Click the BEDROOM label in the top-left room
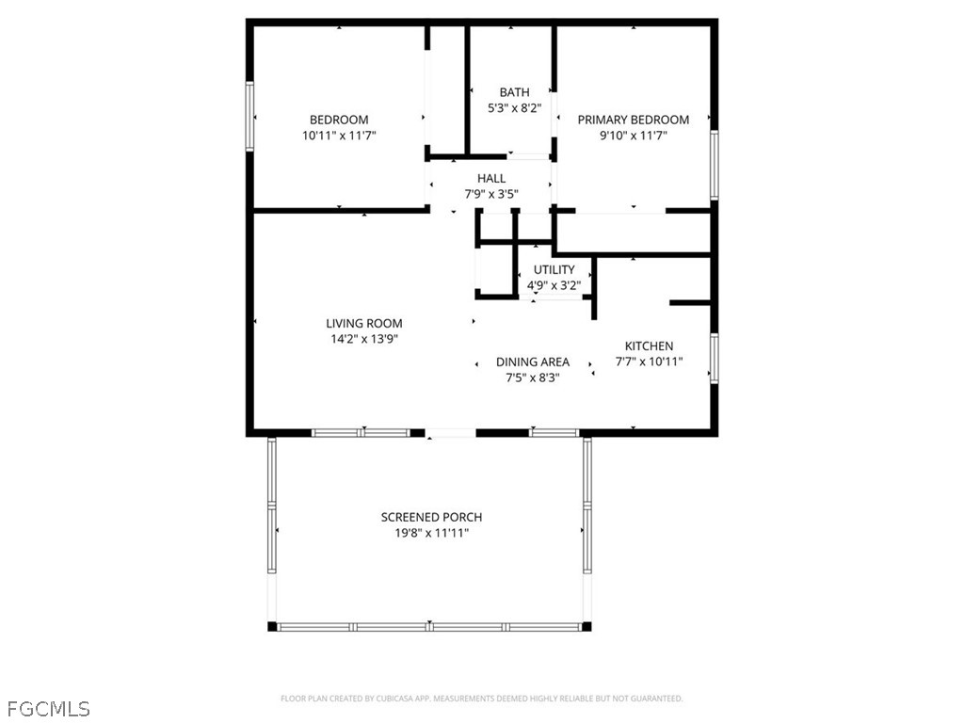click(x=339, y=120)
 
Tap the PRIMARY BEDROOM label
click(x=633, y=120)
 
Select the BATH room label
click(x=514, y=92)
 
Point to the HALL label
click(x=490, y=178)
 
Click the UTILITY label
click(x=554, y=270)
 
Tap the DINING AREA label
click(x=532, y=361)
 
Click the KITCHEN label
click(x=649, y=346)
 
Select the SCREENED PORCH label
click(x=431, y=517)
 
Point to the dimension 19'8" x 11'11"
click(x=431, y=533)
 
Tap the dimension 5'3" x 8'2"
click(x=514, y=108)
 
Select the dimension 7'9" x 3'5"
click(x=490, y=194)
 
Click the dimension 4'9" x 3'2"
click(x=554, y=284)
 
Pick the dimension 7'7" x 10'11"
click(x=649, y=361)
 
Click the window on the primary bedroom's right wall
click(x=715, y=166)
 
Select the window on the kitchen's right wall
click(x=715, y=358)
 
